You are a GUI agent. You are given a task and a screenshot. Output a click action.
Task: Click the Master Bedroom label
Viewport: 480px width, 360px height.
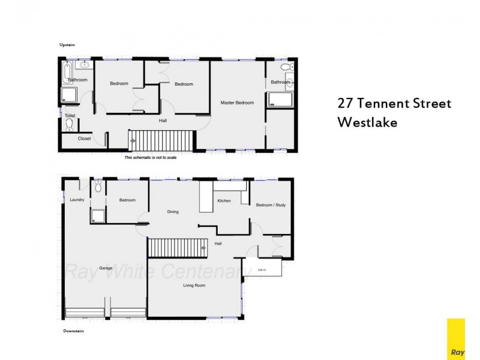tap(237, 103)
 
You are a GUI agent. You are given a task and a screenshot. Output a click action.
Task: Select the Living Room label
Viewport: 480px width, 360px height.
tap(194, 286)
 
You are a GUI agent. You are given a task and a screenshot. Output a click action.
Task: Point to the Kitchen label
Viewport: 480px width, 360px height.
tap(224, 200)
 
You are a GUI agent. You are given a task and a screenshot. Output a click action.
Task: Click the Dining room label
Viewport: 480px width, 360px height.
tap(173, 212)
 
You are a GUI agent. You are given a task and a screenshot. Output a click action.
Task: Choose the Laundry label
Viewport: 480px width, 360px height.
tap(76, 200)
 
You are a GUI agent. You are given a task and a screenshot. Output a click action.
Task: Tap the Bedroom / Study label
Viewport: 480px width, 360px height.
tap(271, 205)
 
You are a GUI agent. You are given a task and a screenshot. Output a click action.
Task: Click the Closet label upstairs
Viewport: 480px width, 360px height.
tap(84, 139)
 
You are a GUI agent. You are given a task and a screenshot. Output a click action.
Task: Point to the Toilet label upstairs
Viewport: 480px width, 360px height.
tap(70, 115)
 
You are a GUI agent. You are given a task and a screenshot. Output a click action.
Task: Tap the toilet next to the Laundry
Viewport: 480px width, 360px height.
tap(98, 187)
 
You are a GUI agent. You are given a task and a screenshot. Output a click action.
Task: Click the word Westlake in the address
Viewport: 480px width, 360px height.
tap(368, 121)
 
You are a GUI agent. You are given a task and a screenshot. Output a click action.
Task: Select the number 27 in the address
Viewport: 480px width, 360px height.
tap(346, 103)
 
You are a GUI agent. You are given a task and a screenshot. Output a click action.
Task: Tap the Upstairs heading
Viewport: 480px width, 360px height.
tap(67, 45)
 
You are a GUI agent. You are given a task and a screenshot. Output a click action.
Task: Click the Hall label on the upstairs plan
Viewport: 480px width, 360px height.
tap(163, 121)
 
